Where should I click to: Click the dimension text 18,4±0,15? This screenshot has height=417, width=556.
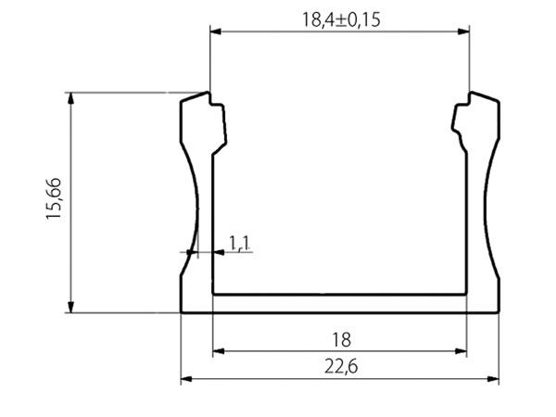339,19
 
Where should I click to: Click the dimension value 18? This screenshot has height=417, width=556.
339,340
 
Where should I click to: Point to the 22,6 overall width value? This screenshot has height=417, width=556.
339,368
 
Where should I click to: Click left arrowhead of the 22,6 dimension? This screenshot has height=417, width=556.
185,379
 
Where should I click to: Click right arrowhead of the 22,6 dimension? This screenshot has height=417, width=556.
493,379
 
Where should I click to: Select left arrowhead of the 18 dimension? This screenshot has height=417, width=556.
220,351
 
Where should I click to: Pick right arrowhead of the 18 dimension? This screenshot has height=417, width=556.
461,351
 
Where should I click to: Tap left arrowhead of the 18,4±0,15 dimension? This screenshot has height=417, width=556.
216,32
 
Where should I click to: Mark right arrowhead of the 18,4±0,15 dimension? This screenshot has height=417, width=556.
464,32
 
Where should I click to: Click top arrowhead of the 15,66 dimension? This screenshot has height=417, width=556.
70,98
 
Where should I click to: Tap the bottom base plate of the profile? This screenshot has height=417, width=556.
339,303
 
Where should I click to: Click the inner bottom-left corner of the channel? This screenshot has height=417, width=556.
214,294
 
